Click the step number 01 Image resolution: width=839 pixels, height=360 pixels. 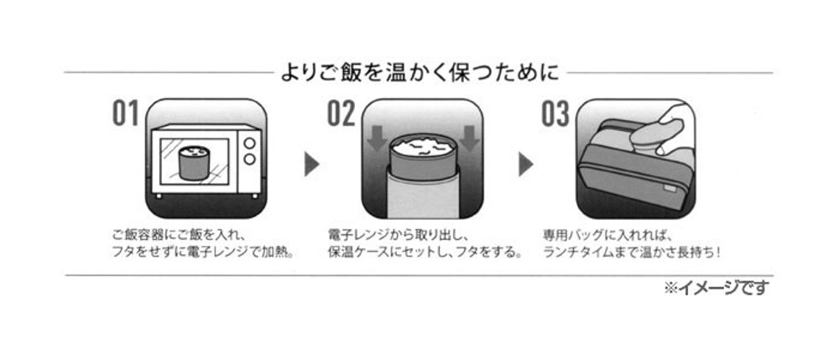click(125, 114)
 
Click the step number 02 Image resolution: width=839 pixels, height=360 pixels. click(341, 114)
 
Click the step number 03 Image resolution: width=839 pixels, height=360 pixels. click(555, 114)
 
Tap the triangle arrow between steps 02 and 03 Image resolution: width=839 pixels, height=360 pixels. click(526, 164)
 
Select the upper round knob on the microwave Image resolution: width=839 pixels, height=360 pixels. click(249, 143)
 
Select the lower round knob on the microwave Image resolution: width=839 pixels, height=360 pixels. click(249, 160)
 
